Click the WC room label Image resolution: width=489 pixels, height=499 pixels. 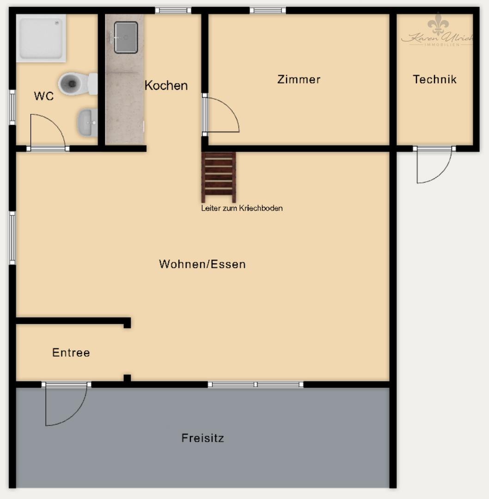pos(44,96)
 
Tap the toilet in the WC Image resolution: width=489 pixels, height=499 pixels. pos(76,84)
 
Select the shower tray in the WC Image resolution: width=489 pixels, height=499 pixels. pos(41,38)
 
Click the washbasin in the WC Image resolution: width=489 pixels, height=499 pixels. pos(87,123)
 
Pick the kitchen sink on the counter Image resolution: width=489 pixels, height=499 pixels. pos(126,37)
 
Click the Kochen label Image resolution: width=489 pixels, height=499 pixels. pos(166,85)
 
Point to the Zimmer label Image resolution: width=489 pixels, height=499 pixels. pos(299,79)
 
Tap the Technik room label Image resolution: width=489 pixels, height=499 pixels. pos(434,79)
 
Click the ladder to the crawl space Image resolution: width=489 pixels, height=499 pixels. pos(219,177)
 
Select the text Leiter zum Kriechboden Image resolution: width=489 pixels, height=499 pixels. pos(242,208)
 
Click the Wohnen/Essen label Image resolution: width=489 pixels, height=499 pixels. pos(202,264)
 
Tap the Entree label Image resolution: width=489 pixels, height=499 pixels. pos(71,353)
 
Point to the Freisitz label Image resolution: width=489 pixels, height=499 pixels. pos(202,438)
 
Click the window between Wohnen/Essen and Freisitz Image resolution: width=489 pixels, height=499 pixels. pos(256,384)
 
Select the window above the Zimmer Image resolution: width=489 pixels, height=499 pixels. pos(268,10)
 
